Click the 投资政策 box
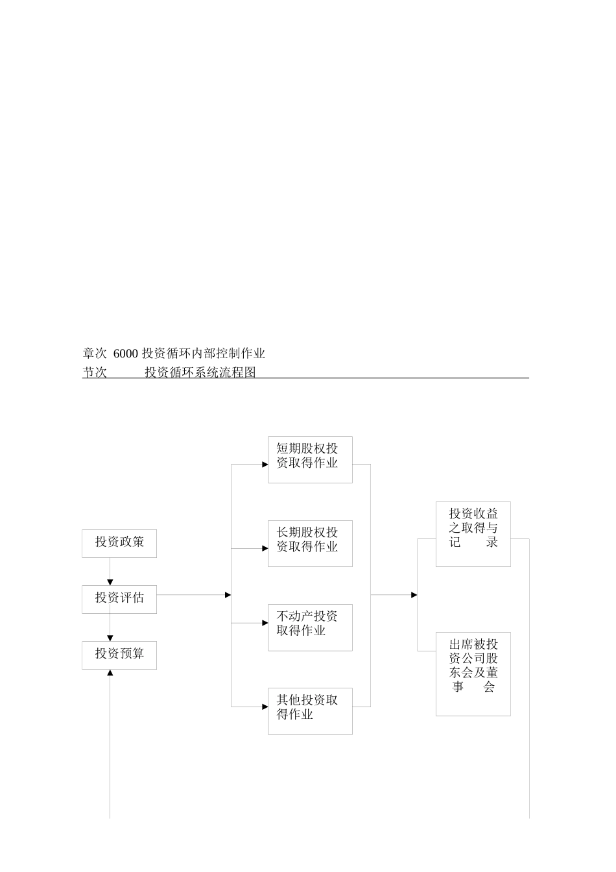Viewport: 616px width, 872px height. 119,544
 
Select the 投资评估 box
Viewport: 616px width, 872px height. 119,599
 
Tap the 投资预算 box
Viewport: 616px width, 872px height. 119,655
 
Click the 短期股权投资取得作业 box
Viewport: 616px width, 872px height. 310,459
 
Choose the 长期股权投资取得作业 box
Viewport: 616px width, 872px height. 310,543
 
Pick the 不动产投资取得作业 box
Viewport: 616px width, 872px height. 310,627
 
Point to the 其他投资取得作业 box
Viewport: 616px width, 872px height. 310,711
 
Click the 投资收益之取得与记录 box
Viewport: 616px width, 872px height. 473,534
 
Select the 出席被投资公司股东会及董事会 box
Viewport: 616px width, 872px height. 473,673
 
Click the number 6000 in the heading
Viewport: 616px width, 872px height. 126,354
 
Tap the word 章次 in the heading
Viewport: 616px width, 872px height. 95,354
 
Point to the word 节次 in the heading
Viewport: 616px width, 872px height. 95,372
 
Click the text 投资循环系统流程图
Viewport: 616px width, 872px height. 200,372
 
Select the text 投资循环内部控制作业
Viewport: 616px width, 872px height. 204,354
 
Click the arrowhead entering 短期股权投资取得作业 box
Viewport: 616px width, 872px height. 265,465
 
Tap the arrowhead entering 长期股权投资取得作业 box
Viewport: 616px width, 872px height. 265,548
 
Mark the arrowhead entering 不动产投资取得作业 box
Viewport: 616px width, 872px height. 265,623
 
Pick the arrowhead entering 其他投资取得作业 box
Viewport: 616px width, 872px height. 265,707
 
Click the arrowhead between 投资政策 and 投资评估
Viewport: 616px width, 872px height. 110,581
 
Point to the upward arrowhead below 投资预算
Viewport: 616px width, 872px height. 110,673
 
